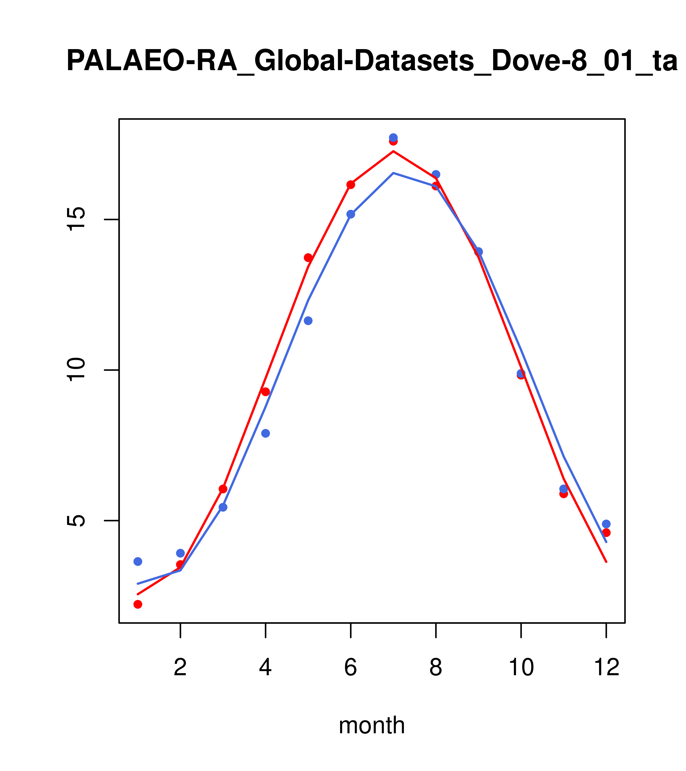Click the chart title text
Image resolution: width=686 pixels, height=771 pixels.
click(x=372, y=61)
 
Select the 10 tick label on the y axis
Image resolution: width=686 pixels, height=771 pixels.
click(x=76, y=370)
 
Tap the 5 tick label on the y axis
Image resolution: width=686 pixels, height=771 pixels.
click(x=76, y=520)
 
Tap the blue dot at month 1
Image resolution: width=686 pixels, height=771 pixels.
click(x=138, y=562)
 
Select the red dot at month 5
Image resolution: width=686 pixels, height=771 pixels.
click(x=308, y=258)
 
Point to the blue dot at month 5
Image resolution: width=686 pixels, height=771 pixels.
click(x=308, y=321)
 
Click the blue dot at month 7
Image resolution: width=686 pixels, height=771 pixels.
click(x=393, y=137)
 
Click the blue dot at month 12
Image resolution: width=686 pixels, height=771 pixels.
click(x=606, y=524)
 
